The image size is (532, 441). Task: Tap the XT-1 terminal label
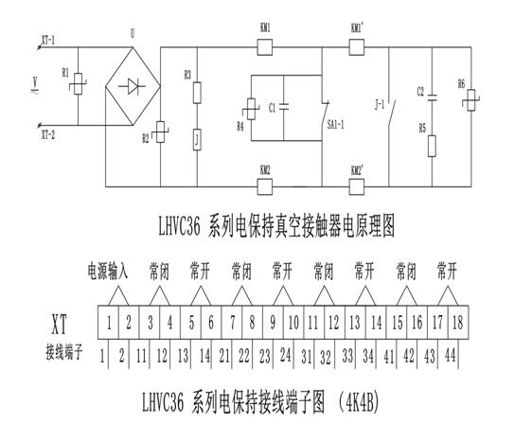pyautogui.click(x=48, y=42)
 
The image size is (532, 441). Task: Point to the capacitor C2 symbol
pyautogui.click(x=432, y=96)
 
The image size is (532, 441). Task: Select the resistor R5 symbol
pyautogui.click(x=432, y=146)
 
